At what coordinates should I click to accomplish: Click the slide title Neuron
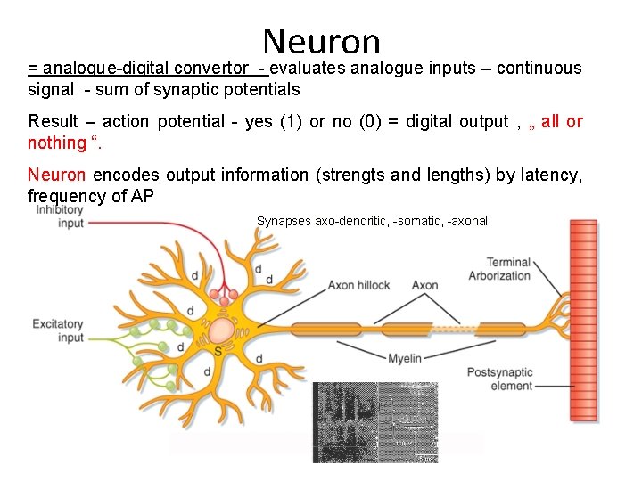point(322,41)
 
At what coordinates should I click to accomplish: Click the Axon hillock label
point(358,285)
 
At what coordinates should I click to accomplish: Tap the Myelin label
point(404,358)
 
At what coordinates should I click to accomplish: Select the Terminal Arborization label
point(499,269)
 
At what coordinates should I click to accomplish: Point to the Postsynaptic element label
point(500,379)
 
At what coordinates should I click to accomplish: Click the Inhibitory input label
point(60,216)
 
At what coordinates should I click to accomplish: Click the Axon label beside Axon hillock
point(424,285)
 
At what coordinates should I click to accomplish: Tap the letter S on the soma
point(218,352)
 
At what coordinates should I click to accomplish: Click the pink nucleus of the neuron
point(222,333)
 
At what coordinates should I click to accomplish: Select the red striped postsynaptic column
point(584,321)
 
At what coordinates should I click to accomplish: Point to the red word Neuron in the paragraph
point(56,175)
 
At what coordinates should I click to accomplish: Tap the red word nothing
point(56,143)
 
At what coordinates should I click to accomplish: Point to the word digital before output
point(431,121)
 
